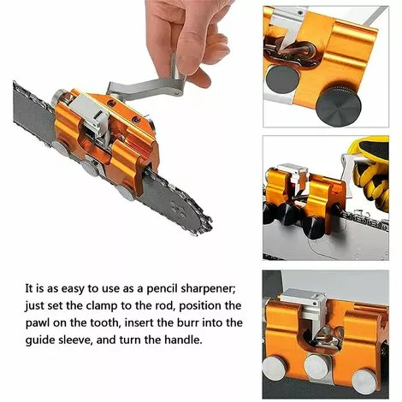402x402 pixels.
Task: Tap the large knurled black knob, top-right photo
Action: [x=338, y=103]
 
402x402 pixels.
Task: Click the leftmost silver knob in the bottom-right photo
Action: [x=275, y=369]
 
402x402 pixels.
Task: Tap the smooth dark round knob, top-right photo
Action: [x=282, y=79]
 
